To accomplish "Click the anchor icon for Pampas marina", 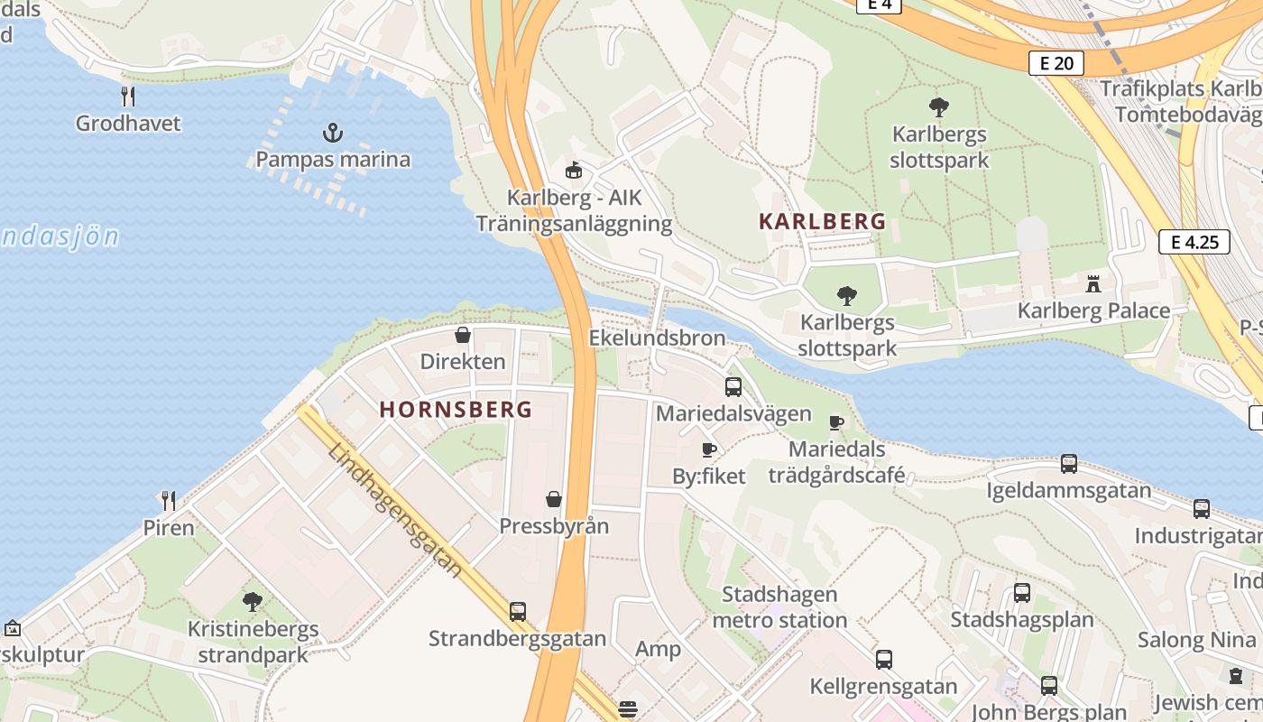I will [x=333, y=134].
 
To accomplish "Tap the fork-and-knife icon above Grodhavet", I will [x=128, y=96].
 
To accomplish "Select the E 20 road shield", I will [x=1056, y=62].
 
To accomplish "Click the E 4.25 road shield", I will [x=1194, y=241].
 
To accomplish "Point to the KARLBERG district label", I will [x=822, y=221].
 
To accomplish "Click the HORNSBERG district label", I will [x=456, y=409].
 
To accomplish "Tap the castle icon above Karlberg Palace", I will [x=1093, y=284].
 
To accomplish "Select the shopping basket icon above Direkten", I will [x=463, y=335].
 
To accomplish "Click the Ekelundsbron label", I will [x=657, y=338].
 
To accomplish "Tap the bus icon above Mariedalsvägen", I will [x=733, y=387].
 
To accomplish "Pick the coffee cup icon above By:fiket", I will [x=709, y=449].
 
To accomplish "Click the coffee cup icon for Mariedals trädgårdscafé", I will [x=836, y=421].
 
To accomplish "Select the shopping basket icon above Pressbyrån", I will [x=554, y=499].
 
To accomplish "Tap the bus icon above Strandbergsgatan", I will [x=517, y=611].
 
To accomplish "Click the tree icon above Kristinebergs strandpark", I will [x=253, y=601].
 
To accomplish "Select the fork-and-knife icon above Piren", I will [x=168, y=500].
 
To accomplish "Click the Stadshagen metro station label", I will [x=779, y=607].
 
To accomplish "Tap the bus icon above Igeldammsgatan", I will [x=1069, y=464].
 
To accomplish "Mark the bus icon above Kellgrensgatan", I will [x=883, y=660].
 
